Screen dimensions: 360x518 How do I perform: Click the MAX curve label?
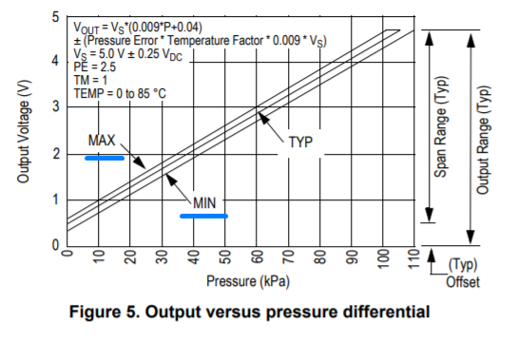[x=102, y=141]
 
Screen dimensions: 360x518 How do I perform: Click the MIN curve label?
[x=205, y=202]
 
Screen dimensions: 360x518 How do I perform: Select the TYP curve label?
[x=300, y=142]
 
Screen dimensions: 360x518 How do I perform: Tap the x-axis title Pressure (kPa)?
[x=247, y=280]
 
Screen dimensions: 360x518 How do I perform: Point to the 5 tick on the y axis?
[x=56, y=18]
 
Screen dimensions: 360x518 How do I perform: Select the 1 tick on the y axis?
[x=56, y=199]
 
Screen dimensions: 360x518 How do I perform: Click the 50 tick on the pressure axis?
[x=225, y=258]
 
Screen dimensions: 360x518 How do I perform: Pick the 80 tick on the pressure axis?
[x=320, y=258]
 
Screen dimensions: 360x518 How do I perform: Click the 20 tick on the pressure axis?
[x=130, y=258]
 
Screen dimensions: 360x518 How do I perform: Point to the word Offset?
[x=463, y=282]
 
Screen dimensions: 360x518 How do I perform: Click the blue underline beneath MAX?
[x=104, y=158]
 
